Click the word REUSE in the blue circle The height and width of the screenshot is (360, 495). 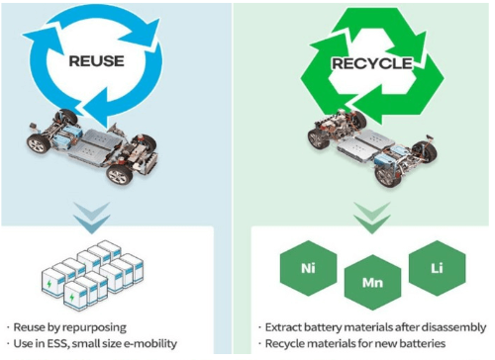pos(96,61)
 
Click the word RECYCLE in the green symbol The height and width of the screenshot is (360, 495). pos(372,63)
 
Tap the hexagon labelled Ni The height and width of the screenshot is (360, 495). pos(308,268)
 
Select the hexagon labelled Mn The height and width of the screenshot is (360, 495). pos(372,283)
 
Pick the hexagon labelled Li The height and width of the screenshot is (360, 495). pos(437,268)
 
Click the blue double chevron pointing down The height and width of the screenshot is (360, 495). pos(92,218)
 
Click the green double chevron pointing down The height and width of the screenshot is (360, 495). pos(372,218)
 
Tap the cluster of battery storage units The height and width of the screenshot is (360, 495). pos(92,276)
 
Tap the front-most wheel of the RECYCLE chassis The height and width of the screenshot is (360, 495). pos(388,176)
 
